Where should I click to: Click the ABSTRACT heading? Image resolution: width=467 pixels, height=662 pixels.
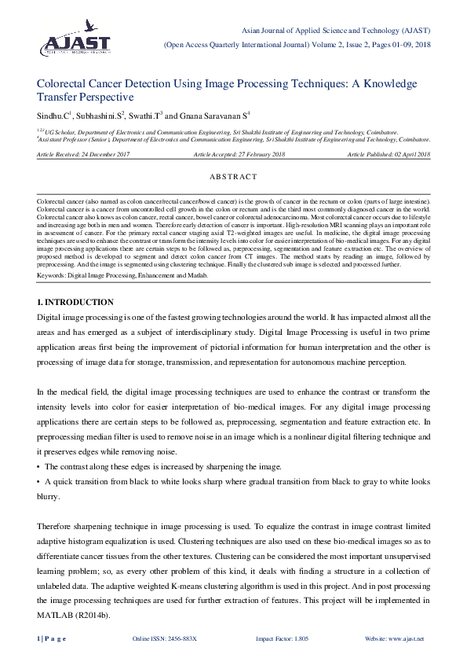click(234, 178)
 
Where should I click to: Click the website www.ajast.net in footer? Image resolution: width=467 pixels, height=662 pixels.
click(394, 638)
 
